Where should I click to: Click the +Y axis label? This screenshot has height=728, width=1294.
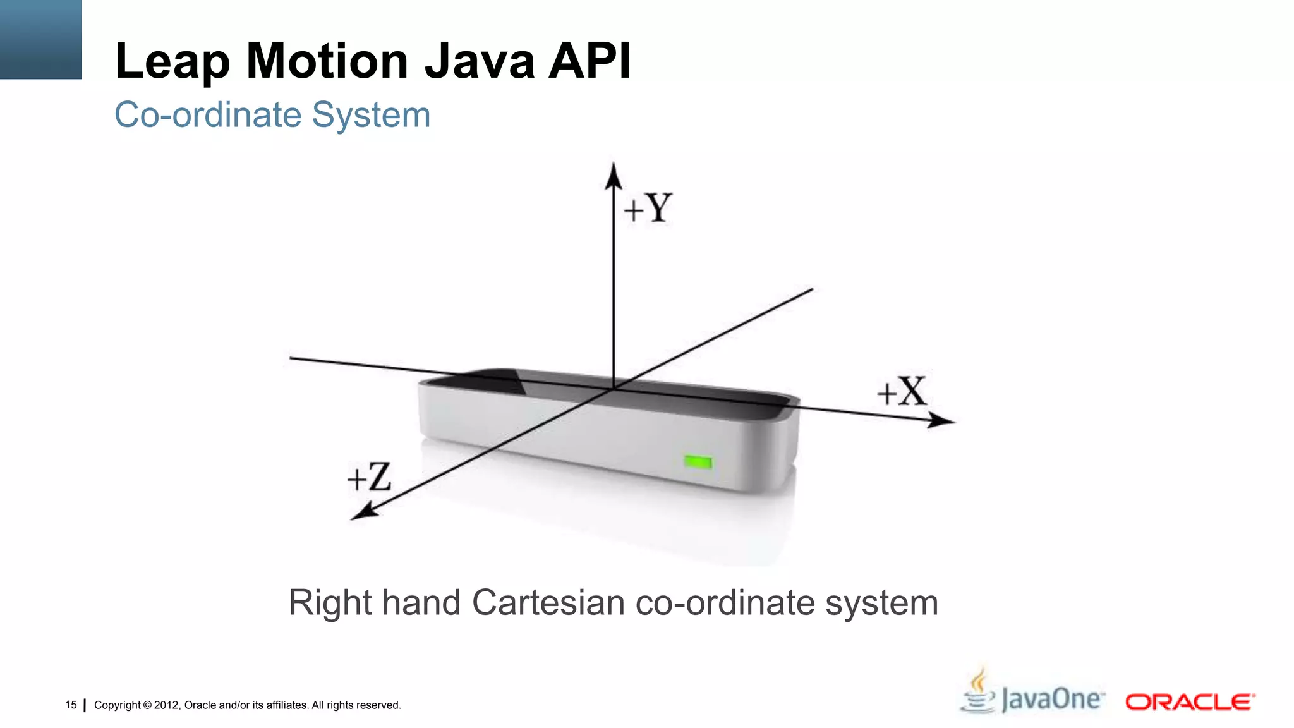pyautogui.click(x=648, y=208)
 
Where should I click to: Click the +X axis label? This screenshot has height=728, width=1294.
pyautogui.click(x=902, y=392)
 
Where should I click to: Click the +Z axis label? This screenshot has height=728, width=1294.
pyautogui.click(x=370, y=477)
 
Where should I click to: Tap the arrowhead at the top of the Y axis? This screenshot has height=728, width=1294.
pyautogui.click(x=613, y=175)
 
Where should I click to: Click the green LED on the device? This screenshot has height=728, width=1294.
pyautogui.click(x=698, y=463)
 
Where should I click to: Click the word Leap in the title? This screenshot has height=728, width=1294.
pyautogui.click(x=172, y=61)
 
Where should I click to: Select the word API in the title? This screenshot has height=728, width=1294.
pyautogui.click(x=590, y=61)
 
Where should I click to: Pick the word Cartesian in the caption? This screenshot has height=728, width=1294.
pyautogui.click(x=548, y=602)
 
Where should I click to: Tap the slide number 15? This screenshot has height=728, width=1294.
pyautogui.click(x=71, y=705)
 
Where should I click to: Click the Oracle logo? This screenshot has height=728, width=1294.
pyautogui.click(x=1190, y=701)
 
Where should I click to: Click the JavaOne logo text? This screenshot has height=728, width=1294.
pyautogui.click(x=1053, y=700)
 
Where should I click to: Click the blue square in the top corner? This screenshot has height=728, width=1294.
pyautogui.click(x=40, y=39)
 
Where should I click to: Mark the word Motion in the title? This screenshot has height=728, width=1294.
pyautogui.click(x=327, y=61)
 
